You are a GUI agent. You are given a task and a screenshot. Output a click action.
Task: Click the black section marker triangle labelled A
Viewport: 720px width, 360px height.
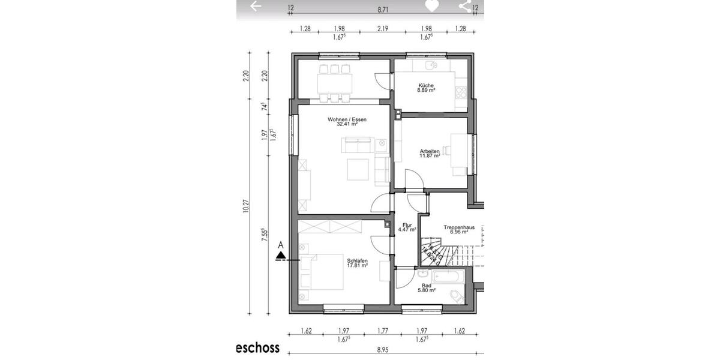281,256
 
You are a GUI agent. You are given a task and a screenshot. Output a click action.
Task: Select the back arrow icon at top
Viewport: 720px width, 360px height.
256,6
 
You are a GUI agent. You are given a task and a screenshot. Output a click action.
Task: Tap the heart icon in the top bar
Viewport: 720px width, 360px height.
432,6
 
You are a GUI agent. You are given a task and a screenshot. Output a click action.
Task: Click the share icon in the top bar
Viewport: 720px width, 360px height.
465,6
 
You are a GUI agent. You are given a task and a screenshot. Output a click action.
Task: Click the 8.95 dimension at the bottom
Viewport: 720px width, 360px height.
385,349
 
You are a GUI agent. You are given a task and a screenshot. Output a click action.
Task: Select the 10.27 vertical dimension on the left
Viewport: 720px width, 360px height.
246,205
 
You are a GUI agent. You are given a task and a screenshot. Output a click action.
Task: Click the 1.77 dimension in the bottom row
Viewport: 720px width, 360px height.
384,331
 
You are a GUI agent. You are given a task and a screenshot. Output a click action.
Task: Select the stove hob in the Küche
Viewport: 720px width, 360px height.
462,92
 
